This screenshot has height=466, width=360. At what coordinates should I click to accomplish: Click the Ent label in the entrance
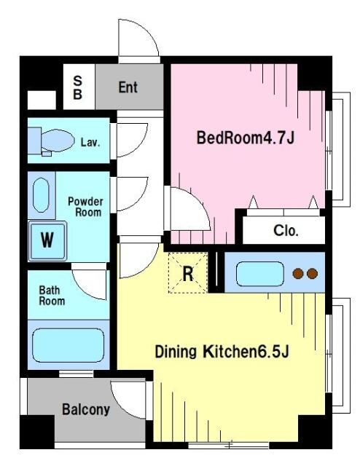(x=128, y=87)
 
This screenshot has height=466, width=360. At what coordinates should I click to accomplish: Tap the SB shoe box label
(x=77, y=87)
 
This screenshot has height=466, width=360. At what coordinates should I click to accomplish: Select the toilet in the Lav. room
(x=51, y=141)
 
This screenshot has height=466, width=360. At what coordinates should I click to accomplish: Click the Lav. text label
(x=90, y=143)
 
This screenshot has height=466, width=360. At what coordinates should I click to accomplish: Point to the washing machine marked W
(x=47, y=241)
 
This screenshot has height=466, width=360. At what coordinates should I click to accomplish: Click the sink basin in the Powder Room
(x=41, y=195)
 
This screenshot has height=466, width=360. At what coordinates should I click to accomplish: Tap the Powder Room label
(x=85, y=207)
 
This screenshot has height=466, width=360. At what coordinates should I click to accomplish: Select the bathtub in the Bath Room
(x=68, y=345)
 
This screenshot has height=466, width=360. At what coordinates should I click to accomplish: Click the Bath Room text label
(x=52, y=296)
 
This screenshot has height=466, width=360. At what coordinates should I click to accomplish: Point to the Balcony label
(x=86, y=409)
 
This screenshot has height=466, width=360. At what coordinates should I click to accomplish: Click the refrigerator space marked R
(x=188, y=273)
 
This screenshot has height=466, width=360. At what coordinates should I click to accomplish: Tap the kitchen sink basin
(x=260, y=274)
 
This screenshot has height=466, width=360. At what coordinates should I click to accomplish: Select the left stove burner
(x=298, y=274)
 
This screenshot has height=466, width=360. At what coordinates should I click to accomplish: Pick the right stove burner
(x=312, y=274)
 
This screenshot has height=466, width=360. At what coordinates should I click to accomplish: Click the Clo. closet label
(x=286, y=230)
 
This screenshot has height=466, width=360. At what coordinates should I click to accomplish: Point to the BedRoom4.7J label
(x=246, y=138)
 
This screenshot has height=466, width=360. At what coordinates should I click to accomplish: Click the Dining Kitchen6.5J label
(x=222, y=352)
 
